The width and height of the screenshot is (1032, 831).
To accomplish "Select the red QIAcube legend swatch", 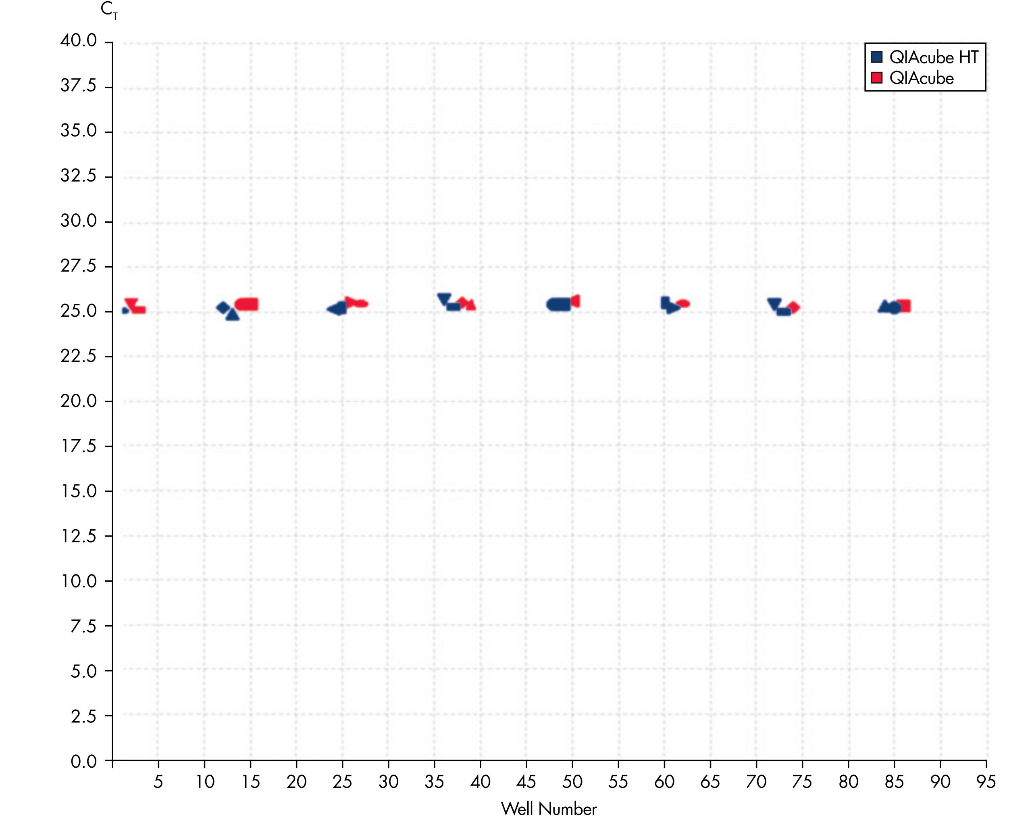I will click(876, 77).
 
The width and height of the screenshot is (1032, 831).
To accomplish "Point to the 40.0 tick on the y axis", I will click(79, 41).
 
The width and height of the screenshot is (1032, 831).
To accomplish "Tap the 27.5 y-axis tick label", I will click(79, 266).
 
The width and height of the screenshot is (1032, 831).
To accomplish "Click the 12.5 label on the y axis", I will click(79, 536).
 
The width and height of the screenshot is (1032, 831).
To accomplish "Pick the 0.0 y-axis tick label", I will click(83, 761).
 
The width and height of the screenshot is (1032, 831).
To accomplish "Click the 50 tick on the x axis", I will click(572, 782).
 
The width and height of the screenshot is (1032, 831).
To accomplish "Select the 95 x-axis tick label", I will click(986, 782).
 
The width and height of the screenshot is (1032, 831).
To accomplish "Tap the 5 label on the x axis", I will click(158, 782).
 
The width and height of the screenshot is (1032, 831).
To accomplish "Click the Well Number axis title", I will click(549, 809).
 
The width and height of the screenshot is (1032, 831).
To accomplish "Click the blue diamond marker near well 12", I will click(223, 307).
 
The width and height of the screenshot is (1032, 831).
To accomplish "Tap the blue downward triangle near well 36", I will click(444, 299).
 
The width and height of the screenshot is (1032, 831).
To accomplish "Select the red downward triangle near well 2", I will click(131, 303).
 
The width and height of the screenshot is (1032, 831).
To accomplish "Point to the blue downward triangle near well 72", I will click(774, 304).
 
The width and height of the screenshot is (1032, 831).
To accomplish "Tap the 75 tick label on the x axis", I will click(802, 782).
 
